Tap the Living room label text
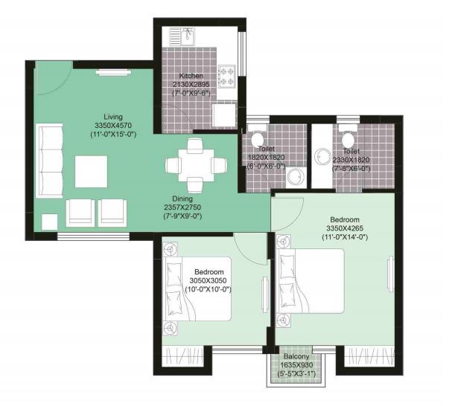[x=113, y=117]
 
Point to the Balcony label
[x=296, y=357]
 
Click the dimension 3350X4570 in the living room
[x=112, y=126]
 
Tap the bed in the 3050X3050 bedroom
[x=197, y=290]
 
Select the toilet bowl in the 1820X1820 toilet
[x=258, y=140]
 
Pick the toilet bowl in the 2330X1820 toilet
[x=346, y=139]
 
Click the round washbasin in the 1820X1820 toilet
[x=295, y=175]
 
